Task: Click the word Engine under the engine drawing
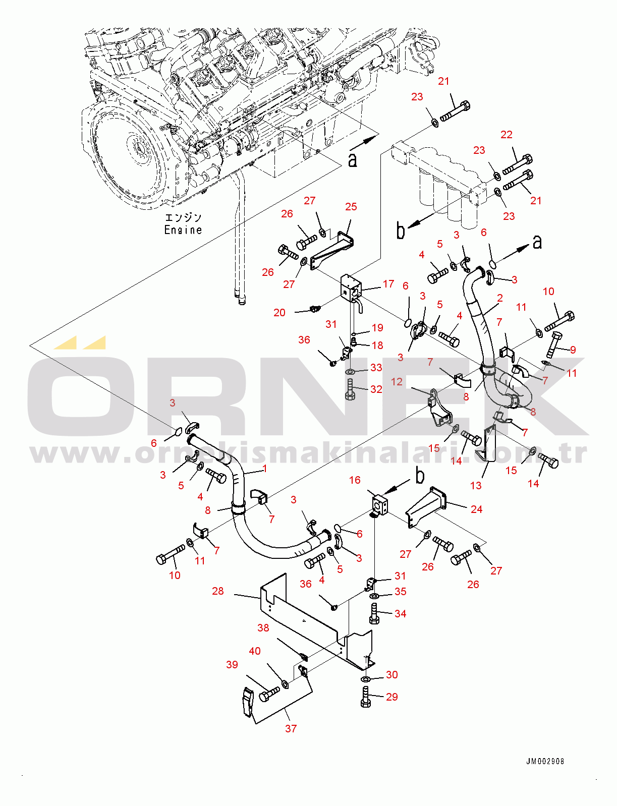183,230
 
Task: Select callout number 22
506,135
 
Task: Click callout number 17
388,284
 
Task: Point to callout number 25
351,207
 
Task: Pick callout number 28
218,591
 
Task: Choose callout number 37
291,728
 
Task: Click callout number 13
476,485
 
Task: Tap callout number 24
476,509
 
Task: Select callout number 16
355,480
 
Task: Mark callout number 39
232,664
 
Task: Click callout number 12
397,381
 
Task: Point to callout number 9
573,350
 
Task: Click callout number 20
279,313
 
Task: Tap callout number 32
376,389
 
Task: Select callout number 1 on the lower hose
265,469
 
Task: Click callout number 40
254,651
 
